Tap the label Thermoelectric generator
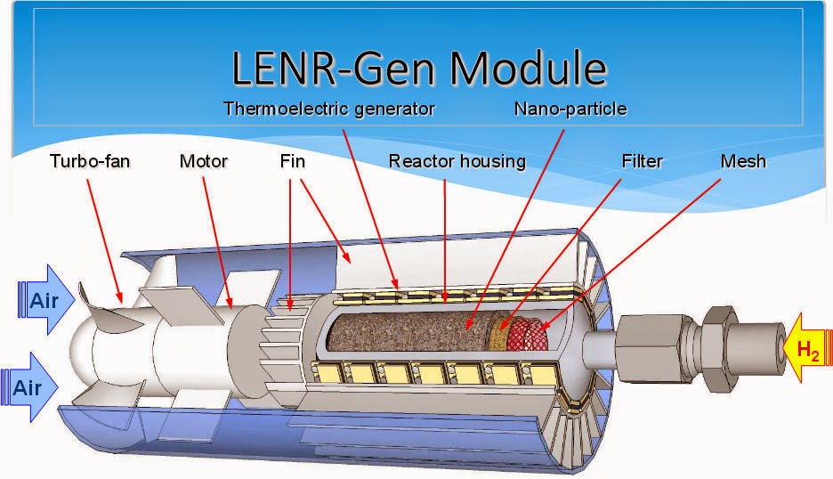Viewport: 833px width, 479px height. pyautogui.click(x=328, y=109)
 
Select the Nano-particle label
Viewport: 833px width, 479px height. pyautogui.click(x=570, y=109)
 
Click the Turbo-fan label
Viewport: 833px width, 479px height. pyautogui.click(x=91, y=161)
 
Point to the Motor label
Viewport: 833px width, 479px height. pyautogui.click(x=204, y=161)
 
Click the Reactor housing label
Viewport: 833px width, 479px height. pyautogui.click(x=457, y=161)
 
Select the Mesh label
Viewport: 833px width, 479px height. pyautogui.click(x=743, y=161)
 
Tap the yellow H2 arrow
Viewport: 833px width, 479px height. pyautogui.click(x=805, y=349)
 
